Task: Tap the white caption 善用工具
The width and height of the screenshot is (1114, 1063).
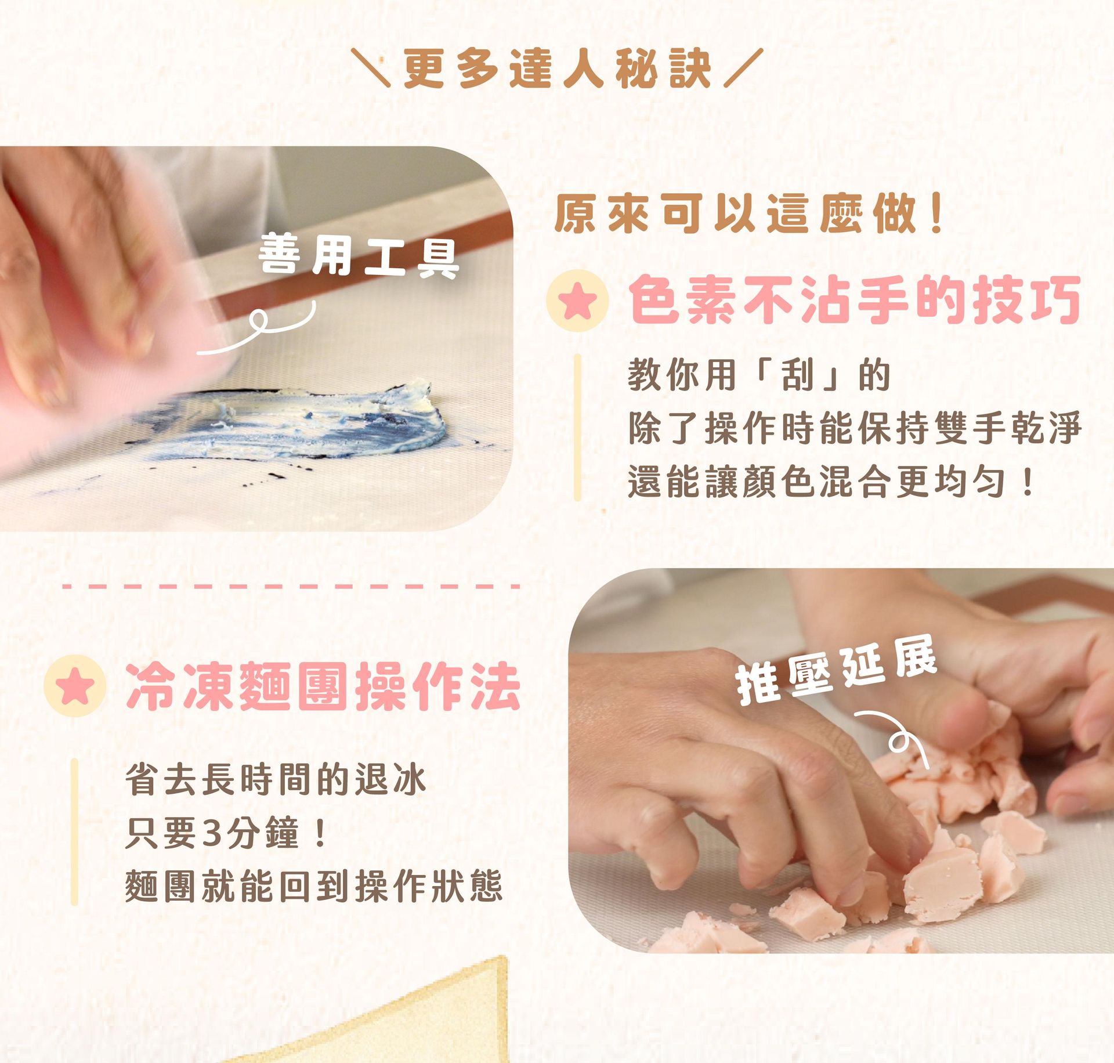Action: click(x=359, y=255)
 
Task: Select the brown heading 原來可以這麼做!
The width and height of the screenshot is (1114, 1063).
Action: click(x=748, y=214)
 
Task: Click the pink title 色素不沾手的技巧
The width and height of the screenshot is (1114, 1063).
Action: click(x=854, y=300)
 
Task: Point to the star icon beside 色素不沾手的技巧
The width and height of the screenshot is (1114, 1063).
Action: click(x=577, y=301)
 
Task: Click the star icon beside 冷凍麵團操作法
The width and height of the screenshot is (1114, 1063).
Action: click(x=75, y=686)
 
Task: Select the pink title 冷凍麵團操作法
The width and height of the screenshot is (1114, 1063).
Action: click(x=323, y=686)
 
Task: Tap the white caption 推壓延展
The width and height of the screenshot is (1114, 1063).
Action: click(x=835, y=672)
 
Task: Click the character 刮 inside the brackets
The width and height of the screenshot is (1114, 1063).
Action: click(x=797, y=375)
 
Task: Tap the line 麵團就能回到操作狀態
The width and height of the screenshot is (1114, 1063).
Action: click(x=313, y=886)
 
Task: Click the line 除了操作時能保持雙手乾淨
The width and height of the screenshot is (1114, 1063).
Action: click(x=854, y=428)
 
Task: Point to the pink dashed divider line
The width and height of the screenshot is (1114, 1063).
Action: click(x=290, y=587)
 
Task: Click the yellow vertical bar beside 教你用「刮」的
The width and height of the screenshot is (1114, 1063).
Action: click(x=577, y=427)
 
